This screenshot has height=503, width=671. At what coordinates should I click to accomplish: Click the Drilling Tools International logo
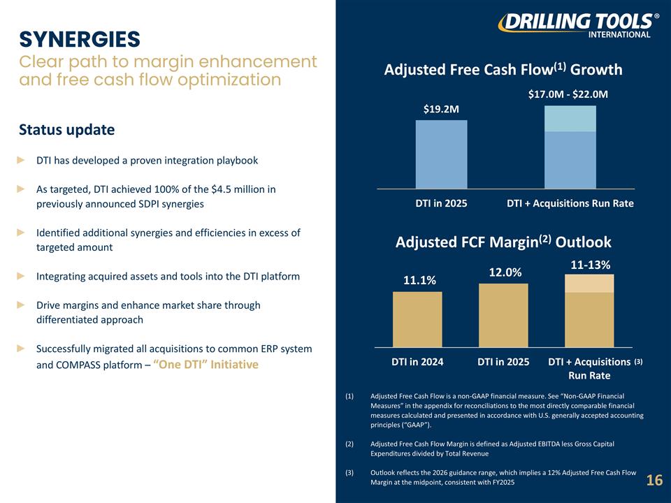pos(578,25)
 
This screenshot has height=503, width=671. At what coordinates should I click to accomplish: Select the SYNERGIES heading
pos(80,39)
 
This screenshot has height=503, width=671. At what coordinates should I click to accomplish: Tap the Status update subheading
pos(67,130)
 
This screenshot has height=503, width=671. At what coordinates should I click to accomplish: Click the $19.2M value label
pos(441,109)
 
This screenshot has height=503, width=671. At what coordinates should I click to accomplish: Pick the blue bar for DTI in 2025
pos(441,154)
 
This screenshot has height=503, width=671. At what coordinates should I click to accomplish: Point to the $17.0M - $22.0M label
pos(568,94)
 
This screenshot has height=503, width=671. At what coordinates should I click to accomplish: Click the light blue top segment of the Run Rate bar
pos(570,119)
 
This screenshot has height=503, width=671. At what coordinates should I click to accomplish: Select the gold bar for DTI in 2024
pos(417,319)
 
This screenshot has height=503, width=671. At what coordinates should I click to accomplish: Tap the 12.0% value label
pos(505,272)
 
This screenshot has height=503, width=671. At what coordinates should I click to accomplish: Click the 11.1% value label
pos(420,280)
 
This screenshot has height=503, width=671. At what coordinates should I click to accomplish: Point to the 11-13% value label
pos(591,265)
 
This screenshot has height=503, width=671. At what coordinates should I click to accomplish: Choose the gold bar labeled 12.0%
pos(503,315)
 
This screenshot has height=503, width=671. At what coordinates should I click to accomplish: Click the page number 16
pos(654,480)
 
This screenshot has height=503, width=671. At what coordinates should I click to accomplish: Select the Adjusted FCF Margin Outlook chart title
pos(503,242)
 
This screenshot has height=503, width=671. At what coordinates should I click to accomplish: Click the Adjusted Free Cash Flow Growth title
pos(503,69)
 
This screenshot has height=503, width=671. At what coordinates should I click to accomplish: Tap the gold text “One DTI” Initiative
pos(205,365)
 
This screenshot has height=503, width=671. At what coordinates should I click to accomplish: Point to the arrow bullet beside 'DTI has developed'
pos(21,161)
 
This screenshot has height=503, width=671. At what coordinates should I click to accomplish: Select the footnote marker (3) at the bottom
pos(349,473)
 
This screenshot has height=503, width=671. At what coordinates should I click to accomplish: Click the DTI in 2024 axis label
pos(417,362)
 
